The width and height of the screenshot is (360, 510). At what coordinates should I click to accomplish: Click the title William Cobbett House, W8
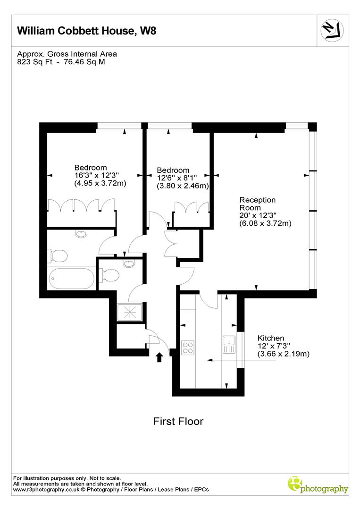(x=86, y=31)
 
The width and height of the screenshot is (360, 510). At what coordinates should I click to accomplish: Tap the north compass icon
(x=332, y=30)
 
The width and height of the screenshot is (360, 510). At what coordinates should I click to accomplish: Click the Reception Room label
(x=258, y=204)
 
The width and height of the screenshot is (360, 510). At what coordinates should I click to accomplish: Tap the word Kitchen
(x=271, y=338)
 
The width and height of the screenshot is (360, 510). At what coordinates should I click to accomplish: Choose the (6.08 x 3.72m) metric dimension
(x=266, y=223)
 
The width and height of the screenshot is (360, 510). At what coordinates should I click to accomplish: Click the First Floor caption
(x=178, y=421)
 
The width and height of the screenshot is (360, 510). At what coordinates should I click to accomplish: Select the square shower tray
(x=129, y=310)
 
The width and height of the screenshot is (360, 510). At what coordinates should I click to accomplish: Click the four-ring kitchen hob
(x=188, y=348)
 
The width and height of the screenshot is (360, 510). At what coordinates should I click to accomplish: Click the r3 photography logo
(x=318, y=485)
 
